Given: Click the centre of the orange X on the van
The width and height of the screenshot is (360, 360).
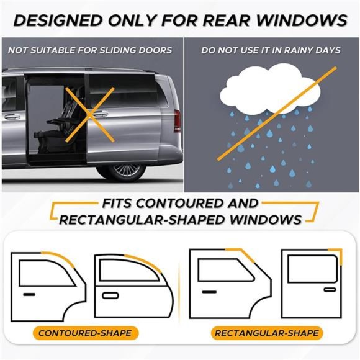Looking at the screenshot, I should (x=90, y=112).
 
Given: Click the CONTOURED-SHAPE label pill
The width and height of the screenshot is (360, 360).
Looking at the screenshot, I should (x=85, y=333).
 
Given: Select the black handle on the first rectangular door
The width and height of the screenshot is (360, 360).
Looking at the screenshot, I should (x=207, y=290).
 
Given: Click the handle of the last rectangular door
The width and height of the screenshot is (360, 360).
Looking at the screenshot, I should (x=330, y=289).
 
